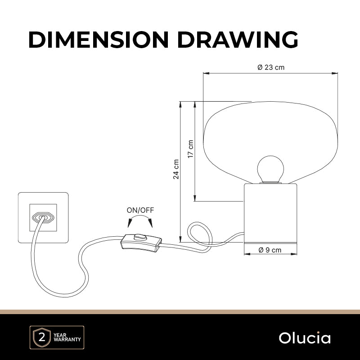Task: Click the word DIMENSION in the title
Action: point(99,40)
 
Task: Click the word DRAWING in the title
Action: point(238,40)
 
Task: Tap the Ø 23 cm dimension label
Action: point(271,67)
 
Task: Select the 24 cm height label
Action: point(176,169)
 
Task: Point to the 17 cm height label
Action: point(190,149)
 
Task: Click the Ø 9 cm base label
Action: point(270,250)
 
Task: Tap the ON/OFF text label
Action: point(140,210)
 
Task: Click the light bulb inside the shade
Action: point(270,169)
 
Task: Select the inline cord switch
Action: point(141,243)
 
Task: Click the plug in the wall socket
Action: point(43,217)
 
